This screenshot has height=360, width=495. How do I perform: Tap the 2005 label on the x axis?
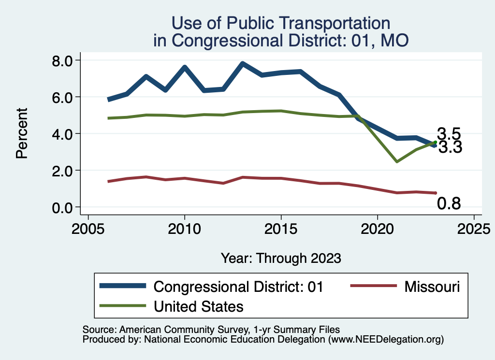tap(88, 228)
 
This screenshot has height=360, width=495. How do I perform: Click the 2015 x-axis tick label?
tap(281, 228)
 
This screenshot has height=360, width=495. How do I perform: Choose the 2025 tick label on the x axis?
tap(474, 228)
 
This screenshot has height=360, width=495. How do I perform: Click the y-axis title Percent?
tap(21, 133)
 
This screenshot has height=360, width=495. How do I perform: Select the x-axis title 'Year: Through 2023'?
tap(281, 258)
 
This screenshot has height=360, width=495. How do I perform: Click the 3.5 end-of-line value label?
tap(449, 134)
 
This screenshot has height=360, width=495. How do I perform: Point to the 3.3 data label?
tap(450, 147)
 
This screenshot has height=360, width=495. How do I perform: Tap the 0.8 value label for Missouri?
tap(449, 204)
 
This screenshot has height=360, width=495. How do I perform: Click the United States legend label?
tap(198, 306)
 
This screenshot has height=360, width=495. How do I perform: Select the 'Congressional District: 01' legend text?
tap(238, 287)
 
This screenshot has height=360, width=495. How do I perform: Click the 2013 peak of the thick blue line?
tap(242, 64)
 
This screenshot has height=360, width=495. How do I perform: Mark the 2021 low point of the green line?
tap(397, 161)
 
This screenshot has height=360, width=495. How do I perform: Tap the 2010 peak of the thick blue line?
tap(184, 67)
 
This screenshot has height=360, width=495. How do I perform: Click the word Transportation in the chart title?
tap(325, 23)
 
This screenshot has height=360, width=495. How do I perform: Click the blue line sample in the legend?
tap(123, 286)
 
